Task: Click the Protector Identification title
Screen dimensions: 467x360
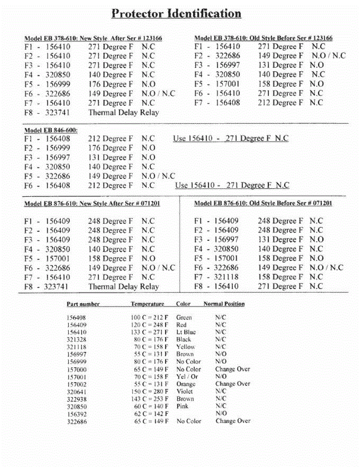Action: coord(176,14)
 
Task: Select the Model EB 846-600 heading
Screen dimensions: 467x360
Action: coord(51,130)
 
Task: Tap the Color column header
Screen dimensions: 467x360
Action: coord(183,304)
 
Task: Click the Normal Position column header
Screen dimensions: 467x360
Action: coord(224,304)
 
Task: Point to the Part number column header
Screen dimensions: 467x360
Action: coord(83,304)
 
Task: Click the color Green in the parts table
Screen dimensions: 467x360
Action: coord(184,318)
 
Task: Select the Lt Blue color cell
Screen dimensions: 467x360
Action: coord(186,332)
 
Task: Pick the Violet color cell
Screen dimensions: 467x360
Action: coord(184,392)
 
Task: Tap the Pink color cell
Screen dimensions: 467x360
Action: coord(182,406)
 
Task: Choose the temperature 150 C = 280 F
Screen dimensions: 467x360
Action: coord(149,392)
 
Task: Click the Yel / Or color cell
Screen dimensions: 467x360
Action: coord(187,377)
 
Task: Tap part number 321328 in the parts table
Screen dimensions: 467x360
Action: coord(77,340)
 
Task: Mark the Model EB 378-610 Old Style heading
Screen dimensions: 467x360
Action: coord(263,38)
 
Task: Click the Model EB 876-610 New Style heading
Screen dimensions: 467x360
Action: coord(92,204)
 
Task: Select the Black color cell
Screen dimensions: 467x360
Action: coord(184,340)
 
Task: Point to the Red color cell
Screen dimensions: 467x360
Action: coord(181,325)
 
